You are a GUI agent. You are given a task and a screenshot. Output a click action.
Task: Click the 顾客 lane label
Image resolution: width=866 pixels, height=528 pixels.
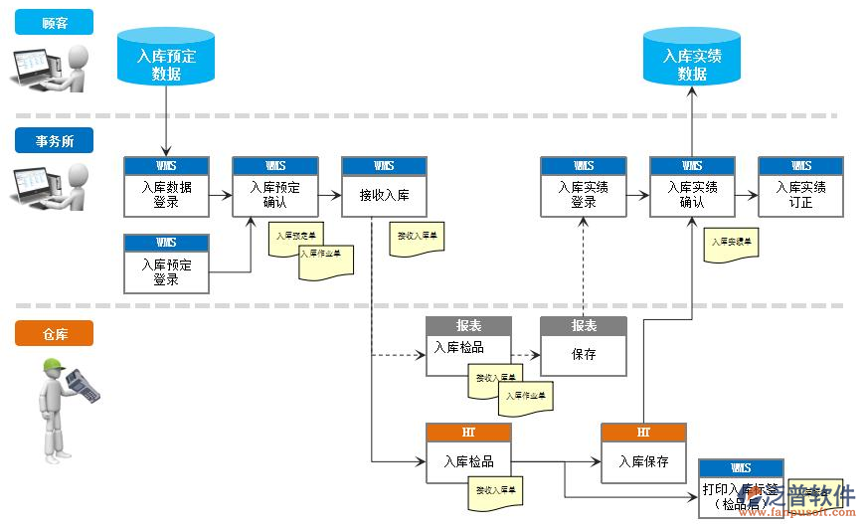(x=54, y=23)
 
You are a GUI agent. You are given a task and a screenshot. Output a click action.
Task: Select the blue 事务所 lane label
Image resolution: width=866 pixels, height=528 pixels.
(x=54, y=141)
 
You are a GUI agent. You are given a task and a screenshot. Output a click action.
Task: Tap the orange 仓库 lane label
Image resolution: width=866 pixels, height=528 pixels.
(x=54, y=334)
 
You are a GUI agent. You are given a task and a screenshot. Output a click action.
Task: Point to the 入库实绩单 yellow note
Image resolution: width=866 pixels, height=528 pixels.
(x=731, y=245)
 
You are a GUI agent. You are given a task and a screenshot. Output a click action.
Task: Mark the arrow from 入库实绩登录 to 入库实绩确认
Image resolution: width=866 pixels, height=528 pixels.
(x=638, y=195)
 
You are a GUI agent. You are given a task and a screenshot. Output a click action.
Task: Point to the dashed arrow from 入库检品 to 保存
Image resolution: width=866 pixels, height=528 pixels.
(x=525, y=354)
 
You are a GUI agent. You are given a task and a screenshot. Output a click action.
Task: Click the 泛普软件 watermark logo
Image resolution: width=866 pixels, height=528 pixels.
(x=803, y=498)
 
